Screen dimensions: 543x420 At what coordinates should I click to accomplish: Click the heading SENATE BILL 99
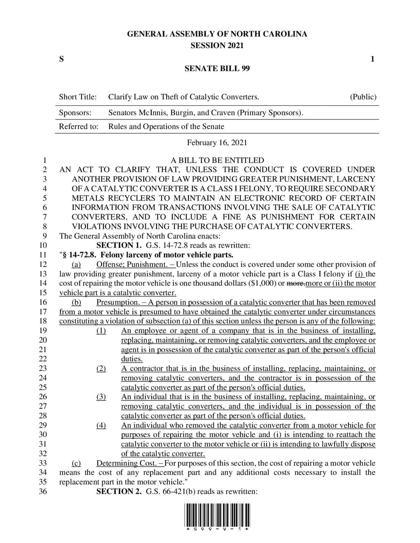pyautogui.click(x=217, y=69)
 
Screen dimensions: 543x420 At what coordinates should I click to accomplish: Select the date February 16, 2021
pyautogui.click(x=217, y=143)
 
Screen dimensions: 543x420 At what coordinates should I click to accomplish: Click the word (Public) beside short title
pyautogui.click(x=363, y=97)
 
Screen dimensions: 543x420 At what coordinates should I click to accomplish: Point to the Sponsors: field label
pyautogui.click(x=75, y=113)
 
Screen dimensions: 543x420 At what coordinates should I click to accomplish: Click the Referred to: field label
pyautogui.click(x=78, y=127)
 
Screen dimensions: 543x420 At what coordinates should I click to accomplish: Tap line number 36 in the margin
pyautogui.click(x=43, y=492)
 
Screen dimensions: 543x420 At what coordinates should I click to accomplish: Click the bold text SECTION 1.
pyautogui.click(x=119, y=245)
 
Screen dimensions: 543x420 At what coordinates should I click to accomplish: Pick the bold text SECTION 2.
pyautogui.click(x=119, y=492)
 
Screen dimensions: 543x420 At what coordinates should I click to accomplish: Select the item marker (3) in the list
pyautogui.click(x=101, y=397)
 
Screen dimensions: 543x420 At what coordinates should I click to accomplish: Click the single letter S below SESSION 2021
pyautogui.click(x=61, y=59)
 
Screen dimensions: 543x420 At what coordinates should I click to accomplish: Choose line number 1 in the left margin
pyautogui.click(x=45, y=161)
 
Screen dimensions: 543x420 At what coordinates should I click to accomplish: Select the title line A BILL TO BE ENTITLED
pyautogui.click(x=217, y=161)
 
